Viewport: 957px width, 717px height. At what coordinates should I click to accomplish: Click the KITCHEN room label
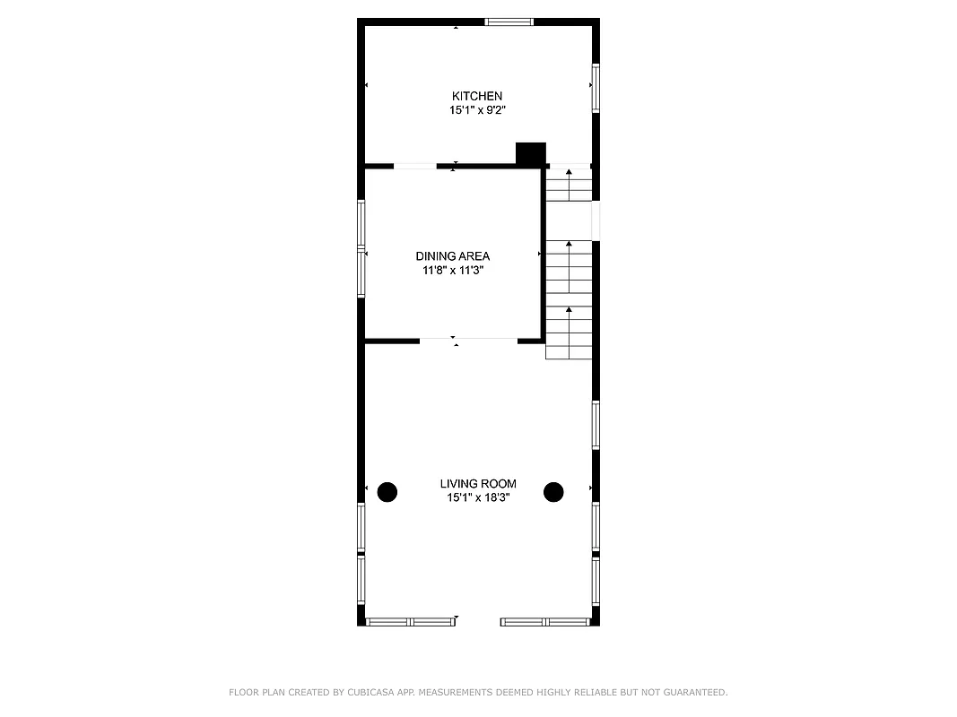[476, 96]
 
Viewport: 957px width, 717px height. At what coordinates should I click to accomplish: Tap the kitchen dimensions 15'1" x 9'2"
[476, 110]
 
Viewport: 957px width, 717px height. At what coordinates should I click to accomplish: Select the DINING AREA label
[452, 256]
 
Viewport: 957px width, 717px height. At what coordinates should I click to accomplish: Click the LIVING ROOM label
[478, 484]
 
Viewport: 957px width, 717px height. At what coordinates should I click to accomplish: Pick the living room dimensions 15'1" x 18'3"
[478, 497]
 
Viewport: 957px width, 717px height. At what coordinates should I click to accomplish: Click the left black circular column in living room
[387, 491]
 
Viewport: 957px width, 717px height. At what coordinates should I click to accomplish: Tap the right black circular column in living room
[553, 491]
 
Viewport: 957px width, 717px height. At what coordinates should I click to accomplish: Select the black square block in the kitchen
[531, 154]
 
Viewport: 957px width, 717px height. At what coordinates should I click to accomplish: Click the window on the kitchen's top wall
[509, 22]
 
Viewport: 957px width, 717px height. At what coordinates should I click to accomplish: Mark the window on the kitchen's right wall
[595, 88]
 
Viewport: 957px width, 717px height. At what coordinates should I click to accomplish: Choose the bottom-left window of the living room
[410, 621]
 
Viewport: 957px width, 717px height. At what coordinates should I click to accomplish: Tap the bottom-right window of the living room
[545, 621]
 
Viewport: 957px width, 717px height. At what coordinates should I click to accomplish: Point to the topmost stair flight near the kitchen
[570, 185]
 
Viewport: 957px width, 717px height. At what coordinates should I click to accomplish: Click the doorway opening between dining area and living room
[467, 341]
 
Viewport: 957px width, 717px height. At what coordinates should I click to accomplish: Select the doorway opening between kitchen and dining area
[415, 166]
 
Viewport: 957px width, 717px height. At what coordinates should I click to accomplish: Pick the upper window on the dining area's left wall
[361, 223]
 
